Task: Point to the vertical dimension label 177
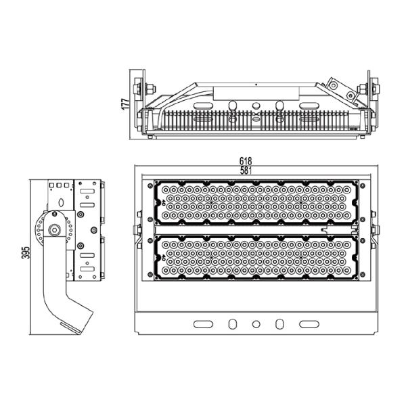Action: tap(125, 106)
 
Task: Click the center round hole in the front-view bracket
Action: tap(256, 324)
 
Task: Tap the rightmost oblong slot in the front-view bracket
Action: tap(309, 324)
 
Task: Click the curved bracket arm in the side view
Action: tap(64, 298)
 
